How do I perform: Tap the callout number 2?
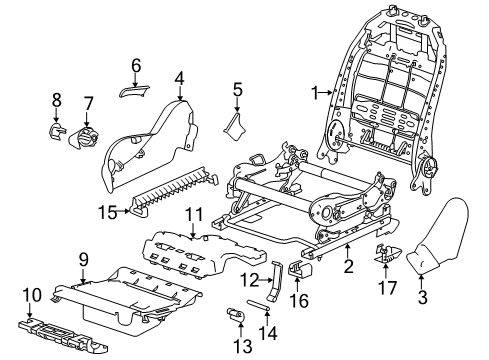347,268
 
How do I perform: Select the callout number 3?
422,297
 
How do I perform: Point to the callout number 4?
178,77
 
